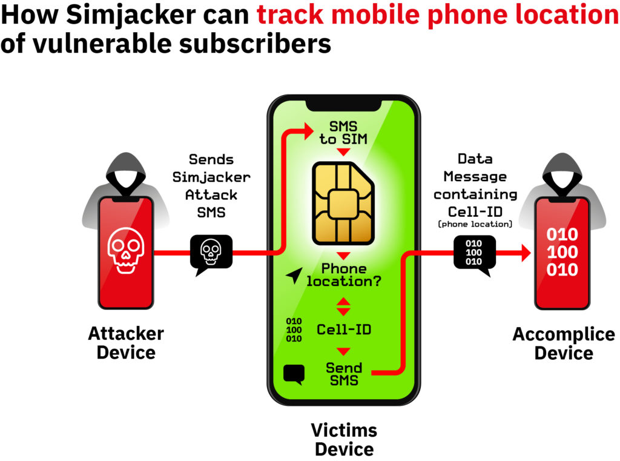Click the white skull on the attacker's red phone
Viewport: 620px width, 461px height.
tap(126, 250)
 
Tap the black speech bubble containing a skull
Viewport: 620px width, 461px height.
tap(211, 253)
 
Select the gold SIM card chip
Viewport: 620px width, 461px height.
tap(343, 203)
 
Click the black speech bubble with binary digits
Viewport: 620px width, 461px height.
tap(475, 254)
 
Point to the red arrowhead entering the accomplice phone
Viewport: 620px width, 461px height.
tap(526, 253)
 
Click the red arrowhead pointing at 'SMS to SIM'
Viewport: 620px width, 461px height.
tap(309, 131)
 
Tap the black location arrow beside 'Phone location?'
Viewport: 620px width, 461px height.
tap(295, 276)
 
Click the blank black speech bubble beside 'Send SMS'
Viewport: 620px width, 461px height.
tap(294, 374)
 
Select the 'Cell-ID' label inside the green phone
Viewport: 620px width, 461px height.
tap(344, 329)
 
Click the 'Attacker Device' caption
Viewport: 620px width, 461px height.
tap(126, 343)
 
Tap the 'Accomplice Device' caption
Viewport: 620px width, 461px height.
tap(564, 343)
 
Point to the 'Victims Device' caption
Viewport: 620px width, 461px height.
tap(344, 439)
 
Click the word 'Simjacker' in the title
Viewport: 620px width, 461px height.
tap(131, 15)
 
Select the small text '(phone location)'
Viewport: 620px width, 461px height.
tap(475, 224)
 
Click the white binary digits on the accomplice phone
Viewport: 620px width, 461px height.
tap(562, 252)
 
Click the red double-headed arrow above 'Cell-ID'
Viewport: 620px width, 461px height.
tap(343, 307)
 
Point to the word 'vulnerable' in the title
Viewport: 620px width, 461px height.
tap(103, 44)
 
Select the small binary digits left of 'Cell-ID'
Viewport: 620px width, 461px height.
tap(294, 330)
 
